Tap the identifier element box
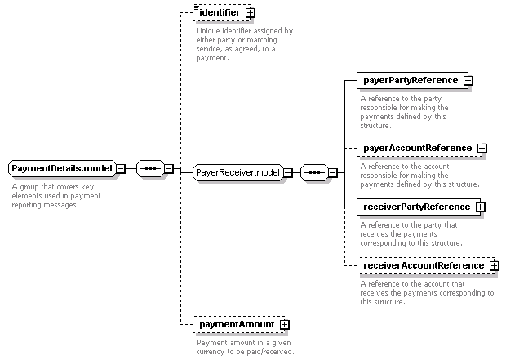[222, 13]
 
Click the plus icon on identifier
[250, 13]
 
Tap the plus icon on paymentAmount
[284, 324]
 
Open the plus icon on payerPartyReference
[468, 80]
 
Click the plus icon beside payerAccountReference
[482, 149]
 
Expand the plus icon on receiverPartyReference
[480, 207]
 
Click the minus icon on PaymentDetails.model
[121, 168]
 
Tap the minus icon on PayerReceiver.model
[288, 173]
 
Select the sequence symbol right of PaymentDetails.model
[151, 168]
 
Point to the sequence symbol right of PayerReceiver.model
[315, 173]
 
